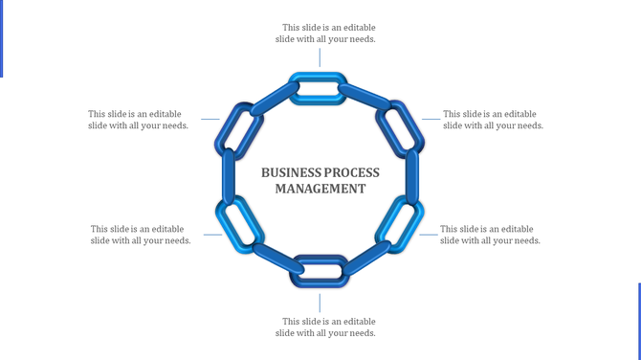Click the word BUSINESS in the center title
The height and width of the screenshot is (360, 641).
[291, 172]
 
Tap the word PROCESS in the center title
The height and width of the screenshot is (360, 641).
[351, 172]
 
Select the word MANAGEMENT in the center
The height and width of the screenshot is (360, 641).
[320, 189]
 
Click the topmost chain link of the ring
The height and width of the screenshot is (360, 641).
[320, 88]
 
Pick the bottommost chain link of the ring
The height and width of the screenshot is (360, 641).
[320, 270]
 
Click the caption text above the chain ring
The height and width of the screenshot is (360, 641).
[327, 34]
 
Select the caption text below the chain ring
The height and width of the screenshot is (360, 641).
[327, 327]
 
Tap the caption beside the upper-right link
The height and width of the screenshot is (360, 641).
[493, 120]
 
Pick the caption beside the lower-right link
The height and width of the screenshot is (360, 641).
[490, 235]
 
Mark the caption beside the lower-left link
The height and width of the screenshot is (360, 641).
[140, 235]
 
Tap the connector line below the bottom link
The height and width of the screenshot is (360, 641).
[320, 302]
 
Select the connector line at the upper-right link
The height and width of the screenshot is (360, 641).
[431, 120]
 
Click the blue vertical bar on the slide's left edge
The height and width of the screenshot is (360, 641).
[2, 38]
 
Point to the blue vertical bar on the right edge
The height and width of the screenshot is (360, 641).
[639, 321]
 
